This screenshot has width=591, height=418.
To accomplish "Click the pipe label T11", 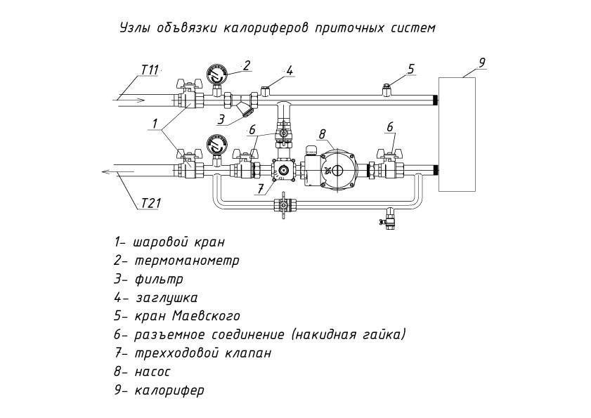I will [x=150, y=70].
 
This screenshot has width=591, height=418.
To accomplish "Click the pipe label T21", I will [x=152, y=203].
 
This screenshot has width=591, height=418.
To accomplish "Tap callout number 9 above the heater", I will [x=482, y=63].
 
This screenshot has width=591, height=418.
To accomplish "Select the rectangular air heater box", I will [x=457, y=135].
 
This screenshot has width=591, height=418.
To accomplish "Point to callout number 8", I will [x=323, y=133].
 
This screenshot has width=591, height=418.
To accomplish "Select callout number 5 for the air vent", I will [x=411, y=69].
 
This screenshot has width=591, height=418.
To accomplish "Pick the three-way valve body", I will [x=283, y=171].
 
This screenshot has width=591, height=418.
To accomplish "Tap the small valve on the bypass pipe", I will [x=283, y=204].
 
